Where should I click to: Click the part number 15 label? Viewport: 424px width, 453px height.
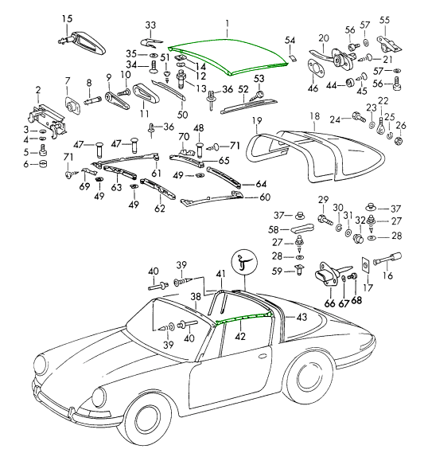67,19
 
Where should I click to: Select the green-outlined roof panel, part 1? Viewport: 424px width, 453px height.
228,57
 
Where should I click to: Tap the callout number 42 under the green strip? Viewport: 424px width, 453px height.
240,336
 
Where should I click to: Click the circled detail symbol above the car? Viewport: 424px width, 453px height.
244,263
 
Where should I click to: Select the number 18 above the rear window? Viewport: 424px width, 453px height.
315,116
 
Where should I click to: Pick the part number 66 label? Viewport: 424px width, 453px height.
329,303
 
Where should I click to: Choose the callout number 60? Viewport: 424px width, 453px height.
265,197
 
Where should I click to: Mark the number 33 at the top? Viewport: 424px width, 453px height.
150,25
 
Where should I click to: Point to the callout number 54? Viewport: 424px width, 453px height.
290,40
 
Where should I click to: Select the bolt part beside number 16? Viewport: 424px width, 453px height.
387,260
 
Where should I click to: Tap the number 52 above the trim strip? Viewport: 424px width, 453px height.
243,89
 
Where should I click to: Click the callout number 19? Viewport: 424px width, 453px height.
257,120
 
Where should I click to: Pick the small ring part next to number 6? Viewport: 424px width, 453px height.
43,164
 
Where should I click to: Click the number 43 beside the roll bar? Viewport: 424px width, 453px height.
302,317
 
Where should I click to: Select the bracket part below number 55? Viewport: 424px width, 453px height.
389,43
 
